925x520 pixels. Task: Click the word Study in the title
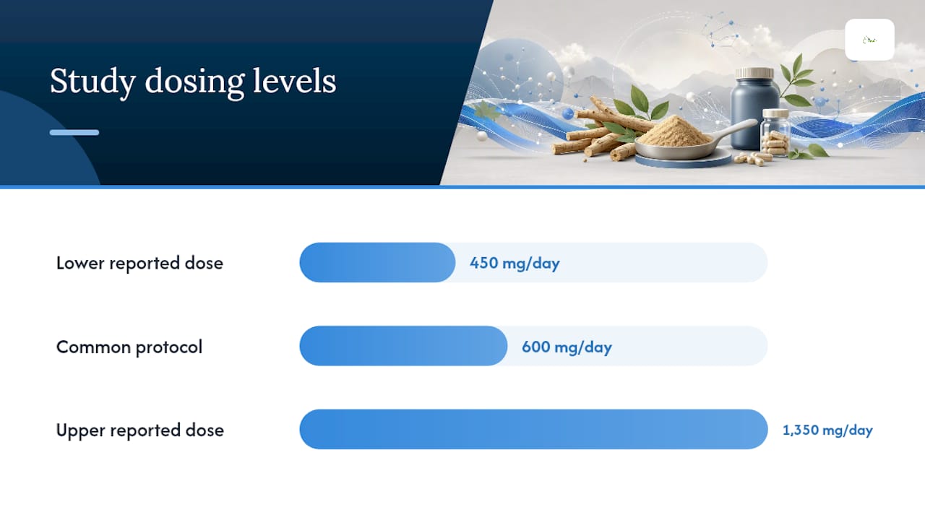92,82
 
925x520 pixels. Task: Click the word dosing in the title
194,82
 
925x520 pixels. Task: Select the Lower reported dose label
139,264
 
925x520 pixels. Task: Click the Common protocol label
129,347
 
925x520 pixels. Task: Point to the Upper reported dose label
140,430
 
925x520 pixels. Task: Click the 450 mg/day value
515,264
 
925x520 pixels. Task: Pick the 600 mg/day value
567,347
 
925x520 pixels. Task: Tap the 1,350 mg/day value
827,430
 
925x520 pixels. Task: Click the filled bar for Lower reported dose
377,262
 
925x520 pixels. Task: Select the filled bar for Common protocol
403,346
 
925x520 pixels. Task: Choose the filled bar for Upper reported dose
533,429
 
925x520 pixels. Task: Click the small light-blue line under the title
74,132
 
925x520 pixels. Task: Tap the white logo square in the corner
869,40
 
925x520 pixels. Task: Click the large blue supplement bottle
754,109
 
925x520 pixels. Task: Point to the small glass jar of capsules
775,133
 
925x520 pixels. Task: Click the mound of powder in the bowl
675,131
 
